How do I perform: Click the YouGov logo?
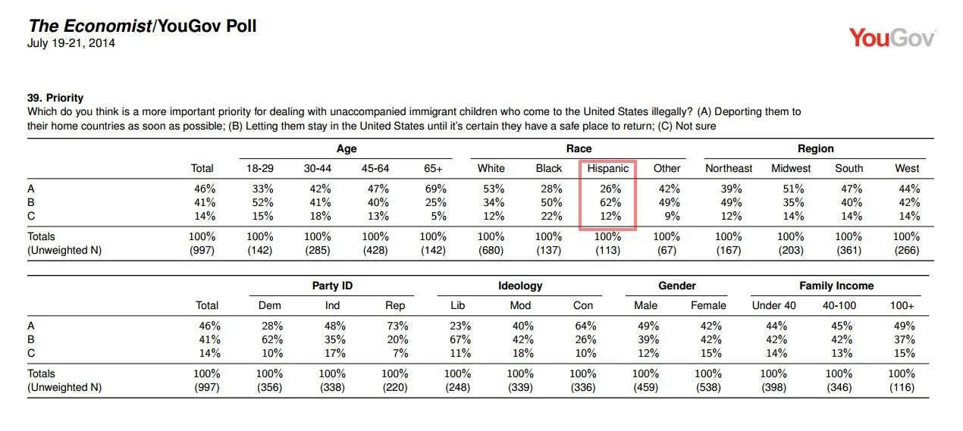[892, 38]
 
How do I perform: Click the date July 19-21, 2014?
[71, 43]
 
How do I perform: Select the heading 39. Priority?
[55, 98]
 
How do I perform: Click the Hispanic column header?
[607, 168]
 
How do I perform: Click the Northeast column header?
[729, 168]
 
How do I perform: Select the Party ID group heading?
[332, 286]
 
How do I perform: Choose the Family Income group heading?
[836, 286]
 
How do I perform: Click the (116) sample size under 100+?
[903, 388]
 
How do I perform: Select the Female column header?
[708, 305]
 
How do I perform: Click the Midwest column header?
[791, 168]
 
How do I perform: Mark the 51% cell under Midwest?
[791, 189]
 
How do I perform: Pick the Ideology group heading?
[519, 286]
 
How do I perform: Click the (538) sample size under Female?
[708, 388]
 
